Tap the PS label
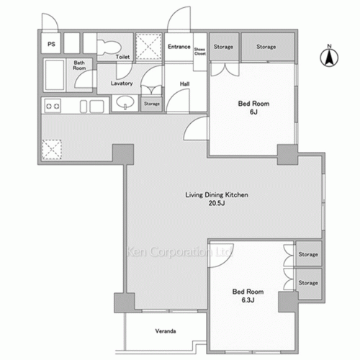pyautogui.click(x=51, y=45)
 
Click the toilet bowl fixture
pyautogui.click(x=107, y=45)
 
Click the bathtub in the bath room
pyautogui.click(x=55, y=74)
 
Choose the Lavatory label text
pyautogui.click(x=120, y=83)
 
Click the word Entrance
pyautogui.click(x=178, y=47)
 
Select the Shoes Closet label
pyautogui.click(x=199, y=50)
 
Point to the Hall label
pyautogui.click(x=184, y=84)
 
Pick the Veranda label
pyautogui.click(x=167, y=332)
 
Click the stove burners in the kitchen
pyautogui.click(x=53, y=107)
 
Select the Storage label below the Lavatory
pyautogui.click(x=151, y=104)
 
